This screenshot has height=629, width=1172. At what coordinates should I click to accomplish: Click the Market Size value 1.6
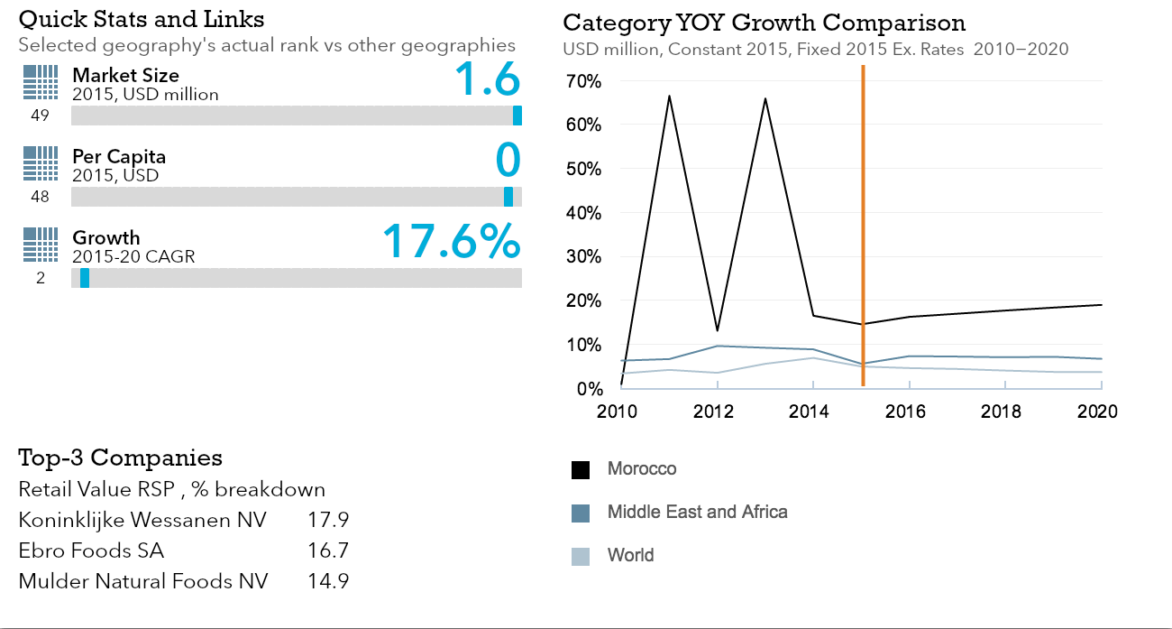pos(487,79)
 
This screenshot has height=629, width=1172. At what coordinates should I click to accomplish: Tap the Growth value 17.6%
pos(451,242)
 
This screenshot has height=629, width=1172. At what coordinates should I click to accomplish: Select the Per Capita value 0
pos(508,161)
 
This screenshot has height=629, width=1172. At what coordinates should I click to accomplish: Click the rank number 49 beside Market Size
pos(40,116)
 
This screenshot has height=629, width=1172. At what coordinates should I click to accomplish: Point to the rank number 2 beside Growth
pos(41,278)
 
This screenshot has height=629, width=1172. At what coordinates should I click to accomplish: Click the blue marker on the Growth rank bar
pos(85,278)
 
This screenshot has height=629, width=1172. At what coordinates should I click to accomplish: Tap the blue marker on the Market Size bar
pos(517,116)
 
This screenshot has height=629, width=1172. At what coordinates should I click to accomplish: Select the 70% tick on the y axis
pos(583,81)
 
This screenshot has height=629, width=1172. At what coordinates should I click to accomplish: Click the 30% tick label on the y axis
pos(583,257)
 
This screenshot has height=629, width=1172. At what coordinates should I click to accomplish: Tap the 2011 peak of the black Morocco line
pos(669,96)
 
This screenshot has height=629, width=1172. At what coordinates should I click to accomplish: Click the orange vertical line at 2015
pos(863,226)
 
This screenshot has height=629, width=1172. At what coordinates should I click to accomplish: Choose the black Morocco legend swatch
pos(581,469)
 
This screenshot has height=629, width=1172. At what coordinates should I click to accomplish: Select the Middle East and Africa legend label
pos(697,513)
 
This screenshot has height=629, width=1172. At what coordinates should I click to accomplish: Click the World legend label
pos(630,555)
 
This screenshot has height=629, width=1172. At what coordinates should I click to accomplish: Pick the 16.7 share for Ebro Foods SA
pos(328,550)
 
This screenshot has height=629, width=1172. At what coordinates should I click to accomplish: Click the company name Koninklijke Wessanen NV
pos(142,520)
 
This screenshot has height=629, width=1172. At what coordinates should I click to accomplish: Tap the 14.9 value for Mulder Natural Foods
pos(328,581)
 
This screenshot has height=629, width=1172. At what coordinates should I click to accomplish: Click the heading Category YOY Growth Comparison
pos(764,23)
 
